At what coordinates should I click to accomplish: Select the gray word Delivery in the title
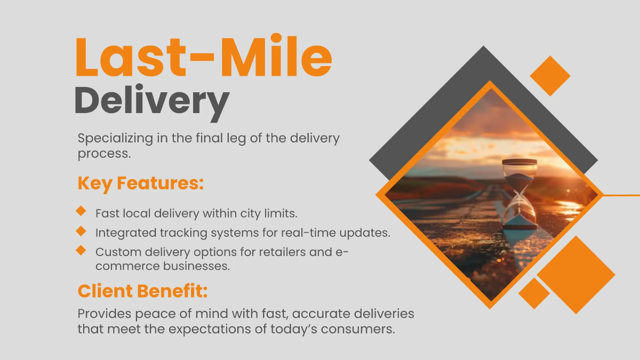[151, 101]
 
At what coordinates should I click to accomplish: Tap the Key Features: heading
[141, 183]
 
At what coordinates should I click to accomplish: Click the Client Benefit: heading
[142, 291]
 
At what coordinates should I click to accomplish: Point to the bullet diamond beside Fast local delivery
[81, 211]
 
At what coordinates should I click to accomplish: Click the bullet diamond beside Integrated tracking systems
[81, 231]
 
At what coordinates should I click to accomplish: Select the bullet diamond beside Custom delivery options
[81, 250]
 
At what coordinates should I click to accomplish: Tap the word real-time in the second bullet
[329, 233]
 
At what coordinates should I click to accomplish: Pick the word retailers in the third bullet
[282, 252]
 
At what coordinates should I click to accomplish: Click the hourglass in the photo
[519, 195]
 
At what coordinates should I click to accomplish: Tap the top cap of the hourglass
[519, 162]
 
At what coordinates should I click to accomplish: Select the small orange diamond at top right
[550, 76]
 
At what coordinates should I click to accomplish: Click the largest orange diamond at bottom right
[575, 275]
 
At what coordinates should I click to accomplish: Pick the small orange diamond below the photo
[534, 293]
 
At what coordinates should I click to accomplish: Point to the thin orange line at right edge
[621, 195]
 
